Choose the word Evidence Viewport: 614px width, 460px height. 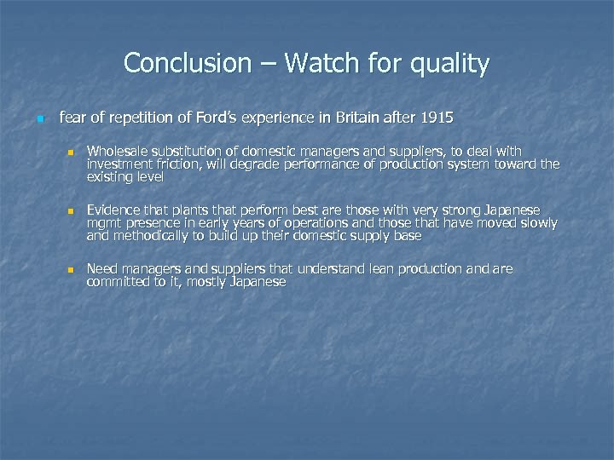coord(114,210)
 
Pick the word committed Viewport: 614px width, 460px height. coord(119,282)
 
